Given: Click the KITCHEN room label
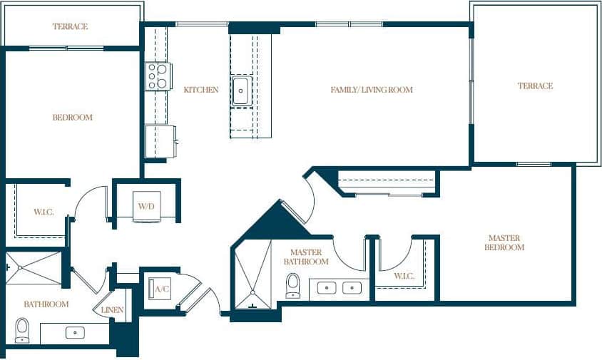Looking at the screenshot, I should pyautogui.click(x=200, y=90).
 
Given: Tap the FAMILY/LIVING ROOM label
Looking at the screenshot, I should pyautogui.click(x=372, y=90).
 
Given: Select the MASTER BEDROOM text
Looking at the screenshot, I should pyautogui.click(x=506, y=242).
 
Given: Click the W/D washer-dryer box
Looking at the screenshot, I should pyautogui.click(x=146, y=206).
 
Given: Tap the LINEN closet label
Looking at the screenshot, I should pyautogui.click(x=113, y=310).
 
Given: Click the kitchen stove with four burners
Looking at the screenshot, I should pyautogui.click(x=157, y=76).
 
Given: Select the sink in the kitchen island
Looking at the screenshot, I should pyautogui.click(x=241, y=91).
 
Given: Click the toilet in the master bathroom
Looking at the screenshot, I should pyautogui.click(x=292, y=286).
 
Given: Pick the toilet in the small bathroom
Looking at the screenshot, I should pyautogui.click(x=22, y=329).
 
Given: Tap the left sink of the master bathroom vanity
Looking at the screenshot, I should pyautogui.click(x=327, y=288).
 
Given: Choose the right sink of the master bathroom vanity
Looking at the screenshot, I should pyautogui.click(x=351, y=288).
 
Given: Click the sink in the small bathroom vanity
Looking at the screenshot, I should pyautogui.click(x=74, y=332).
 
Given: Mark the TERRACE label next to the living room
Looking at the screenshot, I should pyautogui.click(x=535, y=86).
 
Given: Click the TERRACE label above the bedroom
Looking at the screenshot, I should pyautogui.click(x=70, y=26).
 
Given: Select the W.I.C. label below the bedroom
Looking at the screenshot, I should pyautogui.click(x=44, y=212).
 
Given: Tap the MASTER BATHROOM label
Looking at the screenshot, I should pyautogui.click(x=305, y=257).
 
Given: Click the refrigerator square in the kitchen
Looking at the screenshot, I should pyautogui.click(x=160, y=140).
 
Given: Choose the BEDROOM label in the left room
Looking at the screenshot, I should pyautogui.click(x=72, y=117).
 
